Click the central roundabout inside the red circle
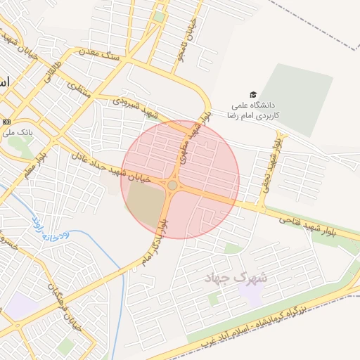pos(172,185)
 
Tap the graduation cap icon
pos(252,95)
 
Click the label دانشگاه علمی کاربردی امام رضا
pos(256,110)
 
